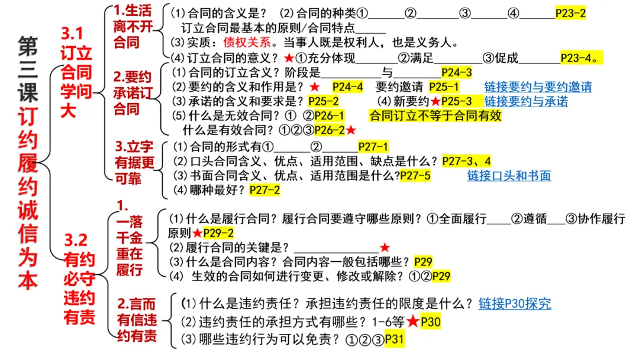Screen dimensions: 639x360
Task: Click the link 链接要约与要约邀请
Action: point(538,87)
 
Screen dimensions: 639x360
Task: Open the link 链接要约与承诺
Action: point(526,101)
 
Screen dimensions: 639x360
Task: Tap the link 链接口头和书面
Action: point(509,176)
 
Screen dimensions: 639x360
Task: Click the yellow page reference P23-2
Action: point(570,13)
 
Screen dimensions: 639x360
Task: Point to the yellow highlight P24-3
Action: point(457,73)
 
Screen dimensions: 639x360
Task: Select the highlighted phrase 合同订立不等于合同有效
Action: point(435,115)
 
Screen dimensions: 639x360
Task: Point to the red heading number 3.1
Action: point(73,34)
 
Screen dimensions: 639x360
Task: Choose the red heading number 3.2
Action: point(76,239)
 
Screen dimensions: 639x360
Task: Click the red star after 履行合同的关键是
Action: point(385,247)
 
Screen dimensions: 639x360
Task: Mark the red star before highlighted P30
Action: point(413,322)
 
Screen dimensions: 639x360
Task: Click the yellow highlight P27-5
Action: point(415,176)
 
